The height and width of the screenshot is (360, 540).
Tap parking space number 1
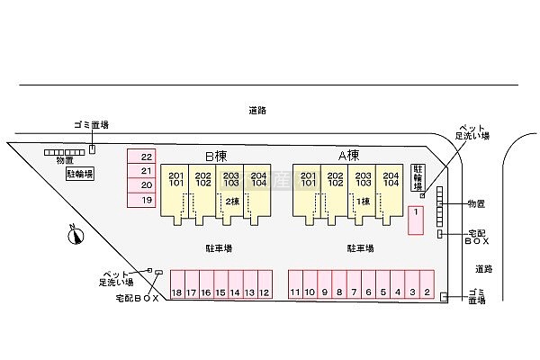(x=416, y=220)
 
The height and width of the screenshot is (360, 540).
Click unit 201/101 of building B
(x=175, y=179)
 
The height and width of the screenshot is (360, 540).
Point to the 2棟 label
(x=232, y=201)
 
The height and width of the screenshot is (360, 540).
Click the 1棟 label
(x=364, y=201)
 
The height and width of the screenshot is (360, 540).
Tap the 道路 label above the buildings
(x=257, y=111)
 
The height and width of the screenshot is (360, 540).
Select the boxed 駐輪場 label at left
(x=79, y=175)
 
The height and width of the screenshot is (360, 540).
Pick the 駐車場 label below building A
(x=361, y=247)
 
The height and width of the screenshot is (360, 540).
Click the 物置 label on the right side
(x=476, y=205)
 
